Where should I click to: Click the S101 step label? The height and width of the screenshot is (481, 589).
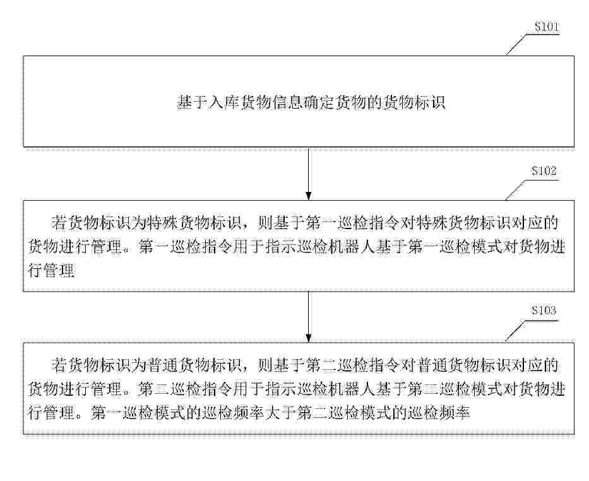(547, 27)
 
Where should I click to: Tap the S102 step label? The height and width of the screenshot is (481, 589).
(543, 171)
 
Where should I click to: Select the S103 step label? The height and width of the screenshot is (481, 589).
(543, 310)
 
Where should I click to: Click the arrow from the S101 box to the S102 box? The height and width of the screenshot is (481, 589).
(309, 174)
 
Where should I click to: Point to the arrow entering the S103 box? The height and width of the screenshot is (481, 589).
(309, 316)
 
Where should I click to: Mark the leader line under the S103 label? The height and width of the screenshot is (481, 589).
(530, 330)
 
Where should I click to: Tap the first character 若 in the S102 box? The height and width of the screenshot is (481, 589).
(59, 223)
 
